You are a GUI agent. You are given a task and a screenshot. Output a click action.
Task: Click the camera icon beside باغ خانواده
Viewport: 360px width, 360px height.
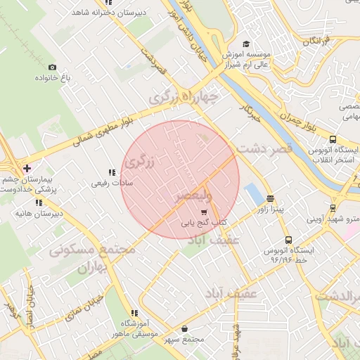[x=52, y=67]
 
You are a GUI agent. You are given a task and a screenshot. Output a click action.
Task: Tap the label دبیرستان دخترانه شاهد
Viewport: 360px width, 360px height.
[x=103, y=11]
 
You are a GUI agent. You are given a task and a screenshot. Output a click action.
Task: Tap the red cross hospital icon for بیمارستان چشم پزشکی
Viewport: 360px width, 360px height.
[x=27, y=168]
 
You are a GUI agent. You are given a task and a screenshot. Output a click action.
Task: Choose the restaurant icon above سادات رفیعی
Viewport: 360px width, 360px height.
[x=111, y=172]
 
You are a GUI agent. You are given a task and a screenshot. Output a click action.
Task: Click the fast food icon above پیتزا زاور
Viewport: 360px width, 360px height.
[x=271, y=198]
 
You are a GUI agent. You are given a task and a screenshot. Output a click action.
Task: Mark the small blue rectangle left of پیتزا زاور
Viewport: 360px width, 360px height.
[x=251, y=192]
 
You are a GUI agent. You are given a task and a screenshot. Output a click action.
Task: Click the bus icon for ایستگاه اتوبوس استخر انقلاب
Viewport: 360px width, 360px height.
[x=333, y=139]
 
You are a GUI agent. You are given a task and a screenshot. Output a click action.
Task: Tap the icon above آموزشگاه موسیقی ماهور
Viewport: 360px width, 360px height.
[x=134, y=313]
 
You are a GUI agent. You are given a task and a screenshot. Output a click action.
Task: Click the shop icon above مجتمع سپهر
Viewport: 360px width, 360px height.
[x=184, y=328]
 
